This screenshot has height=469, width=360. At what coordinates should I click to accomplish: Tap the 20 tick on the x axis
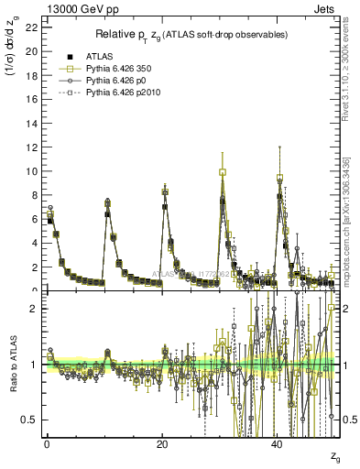pos(162,443)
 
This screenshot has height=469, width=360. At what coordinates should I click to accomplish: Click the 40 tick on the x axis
pos(278,443)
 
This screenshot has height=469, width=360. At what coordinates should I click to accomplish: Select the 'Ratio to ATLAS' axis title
pos(14,366)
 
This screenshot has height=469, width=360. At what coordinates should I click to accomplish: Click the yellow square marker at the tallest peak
pos(223,172)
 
